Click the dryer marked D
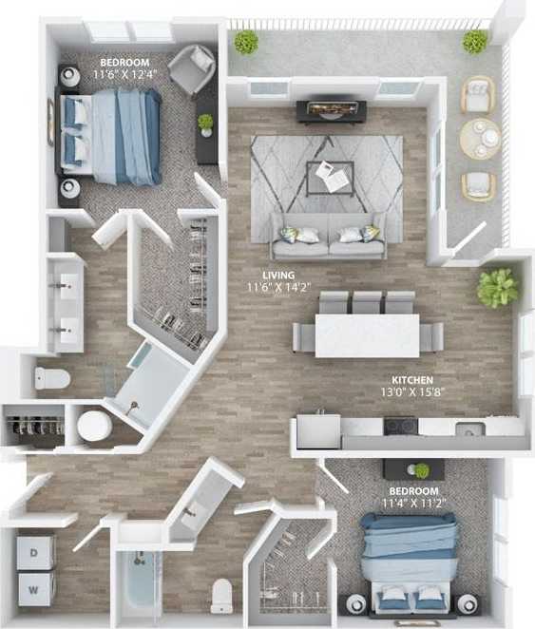(36, 551)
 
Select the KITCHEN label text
(412, 379)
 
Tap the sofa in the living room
(329, 236)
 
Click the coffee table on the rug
(330, 176)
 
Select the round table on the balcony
(479, 140)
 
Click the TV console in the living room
(328, 111)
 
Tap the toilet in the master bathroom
(53, 378)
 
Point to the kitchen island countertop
(367, 335)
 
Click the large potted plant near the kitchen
(497, 288)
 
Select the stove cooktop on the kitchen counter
(400, 427)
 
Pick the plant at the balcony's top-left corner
(246, 41)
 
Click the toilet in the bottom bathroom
(222, 595)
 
